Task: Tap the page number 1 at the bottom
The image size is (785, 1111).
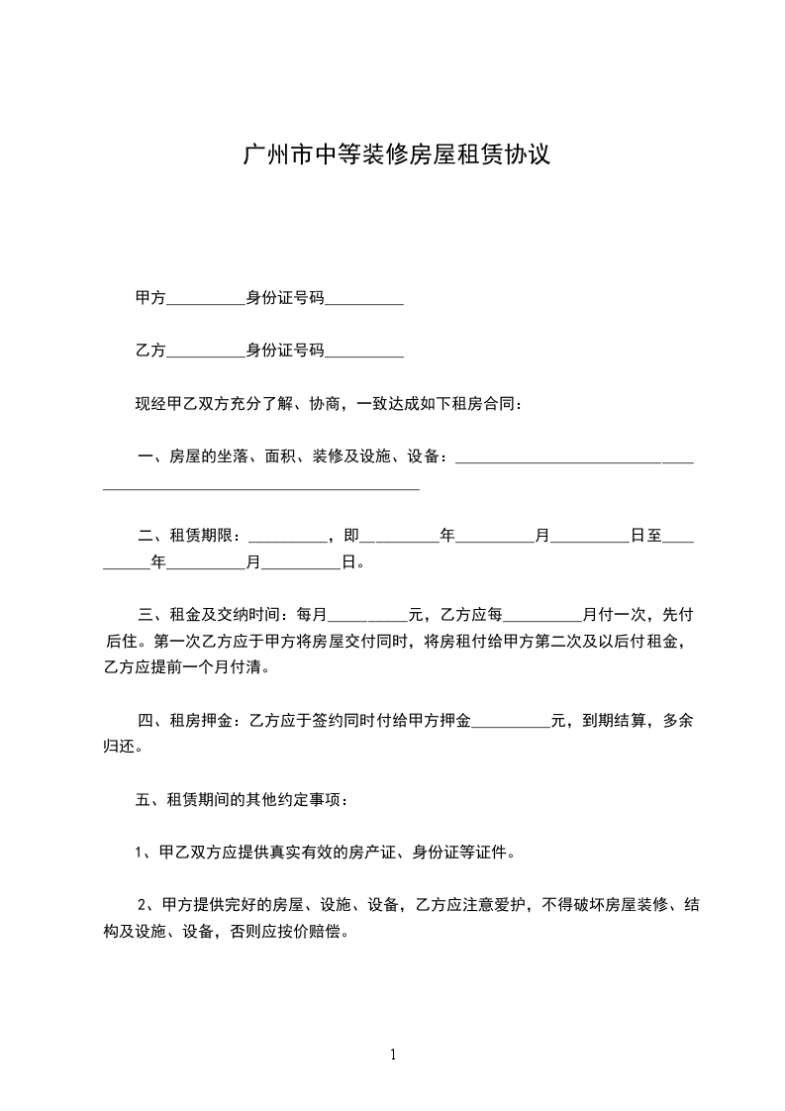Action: [x=393, y=1055]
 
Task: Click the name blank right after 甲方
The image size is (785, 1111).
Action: [x=206, y=299]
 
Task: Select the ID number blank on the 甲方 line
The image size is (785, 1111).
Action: [x=364, y=299]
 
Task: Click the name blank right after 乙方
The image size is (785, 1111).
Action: [x=206, y=352]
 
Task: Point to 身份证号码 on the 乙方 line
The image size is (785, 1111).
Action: [x=285, y=351]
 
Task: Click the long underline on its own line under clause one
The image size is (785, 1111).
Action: [x=261, y=486]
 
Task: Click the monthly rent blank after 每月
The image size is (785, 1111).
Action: [x=367, y=616]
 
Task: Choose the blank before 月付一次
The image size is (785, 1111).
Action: [x=543, y=616]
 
